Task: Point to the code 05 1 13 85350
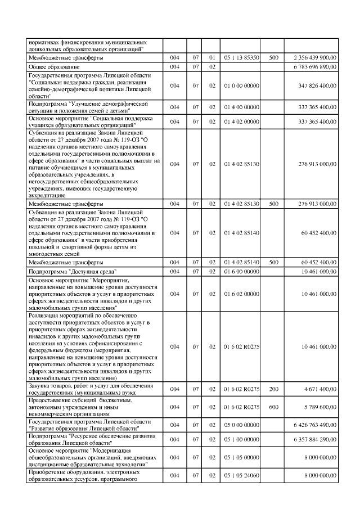pyautogui.click(x=241, y=58)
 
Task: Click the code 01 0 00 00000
pyautogui.click(x=241, y=85)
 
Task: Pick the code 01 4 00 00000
pyautogui.click(x=241, y=107)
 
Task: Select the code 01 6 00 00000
pyautogui.click(x=241, y=272)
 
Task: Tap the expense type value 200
pyautogui.click(x=274, y=389)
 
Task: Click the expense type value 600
pyautogui.click(x=274, y=407)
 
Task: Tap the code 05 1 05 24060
pyautogui.click(x=241, y=475)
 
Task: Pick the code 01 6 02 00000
pyautogui.click(x=241, y=294)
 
